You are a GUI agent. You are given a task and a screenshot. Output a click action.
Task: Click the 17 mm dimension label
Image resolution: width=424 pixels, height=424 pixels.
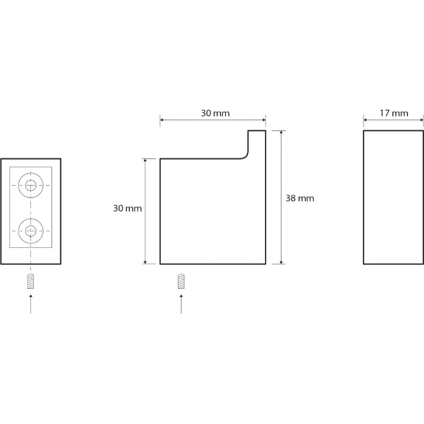pyautogui.click(x=394, y=113)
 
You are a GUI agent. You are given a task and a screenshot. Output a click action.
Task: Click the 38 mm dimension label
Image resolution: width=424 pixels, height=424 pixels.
pyautogui.click(x=300, y=198)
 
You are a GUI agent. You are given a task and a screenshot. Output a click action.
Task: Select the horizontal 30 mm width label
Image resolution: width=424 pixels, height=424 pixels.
pyautogui.click(x=215, y=113)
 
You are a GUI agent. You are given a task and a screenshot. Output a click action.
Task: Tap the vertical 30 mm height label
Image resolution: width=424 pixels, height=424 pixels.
pyautogui.click(x=127, y=208)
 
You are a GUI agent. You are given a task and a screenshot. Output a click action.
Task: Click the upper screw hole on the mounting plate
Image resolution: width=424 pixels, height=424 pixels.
pyautogui.click(x=31, y=185)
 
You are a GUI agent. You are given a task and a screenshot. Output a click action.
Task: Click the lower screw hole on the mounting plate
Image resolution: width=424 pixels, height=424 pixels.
pyautogui.click(x=31, y=231)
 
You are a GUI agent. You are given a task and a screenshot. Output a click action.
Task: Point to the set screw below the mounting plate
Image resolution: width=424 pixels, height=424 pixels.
pyautogui.click(x=31, y=281)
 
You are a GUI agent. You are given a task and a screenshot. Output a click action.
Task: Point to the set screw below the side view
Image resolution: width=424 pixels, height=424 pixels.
pyautogui.click(x=181, y=281)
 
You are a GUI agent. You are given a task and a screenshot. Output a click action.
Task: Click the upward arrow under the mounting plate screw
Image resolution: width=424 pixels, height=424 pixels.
pyautogui.click(x=31, y=304)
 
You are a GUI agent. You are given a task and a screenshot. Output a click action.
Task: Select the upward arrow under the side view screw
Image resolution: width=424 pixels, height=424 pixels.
pyautogui.click(x=181, y=304)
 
